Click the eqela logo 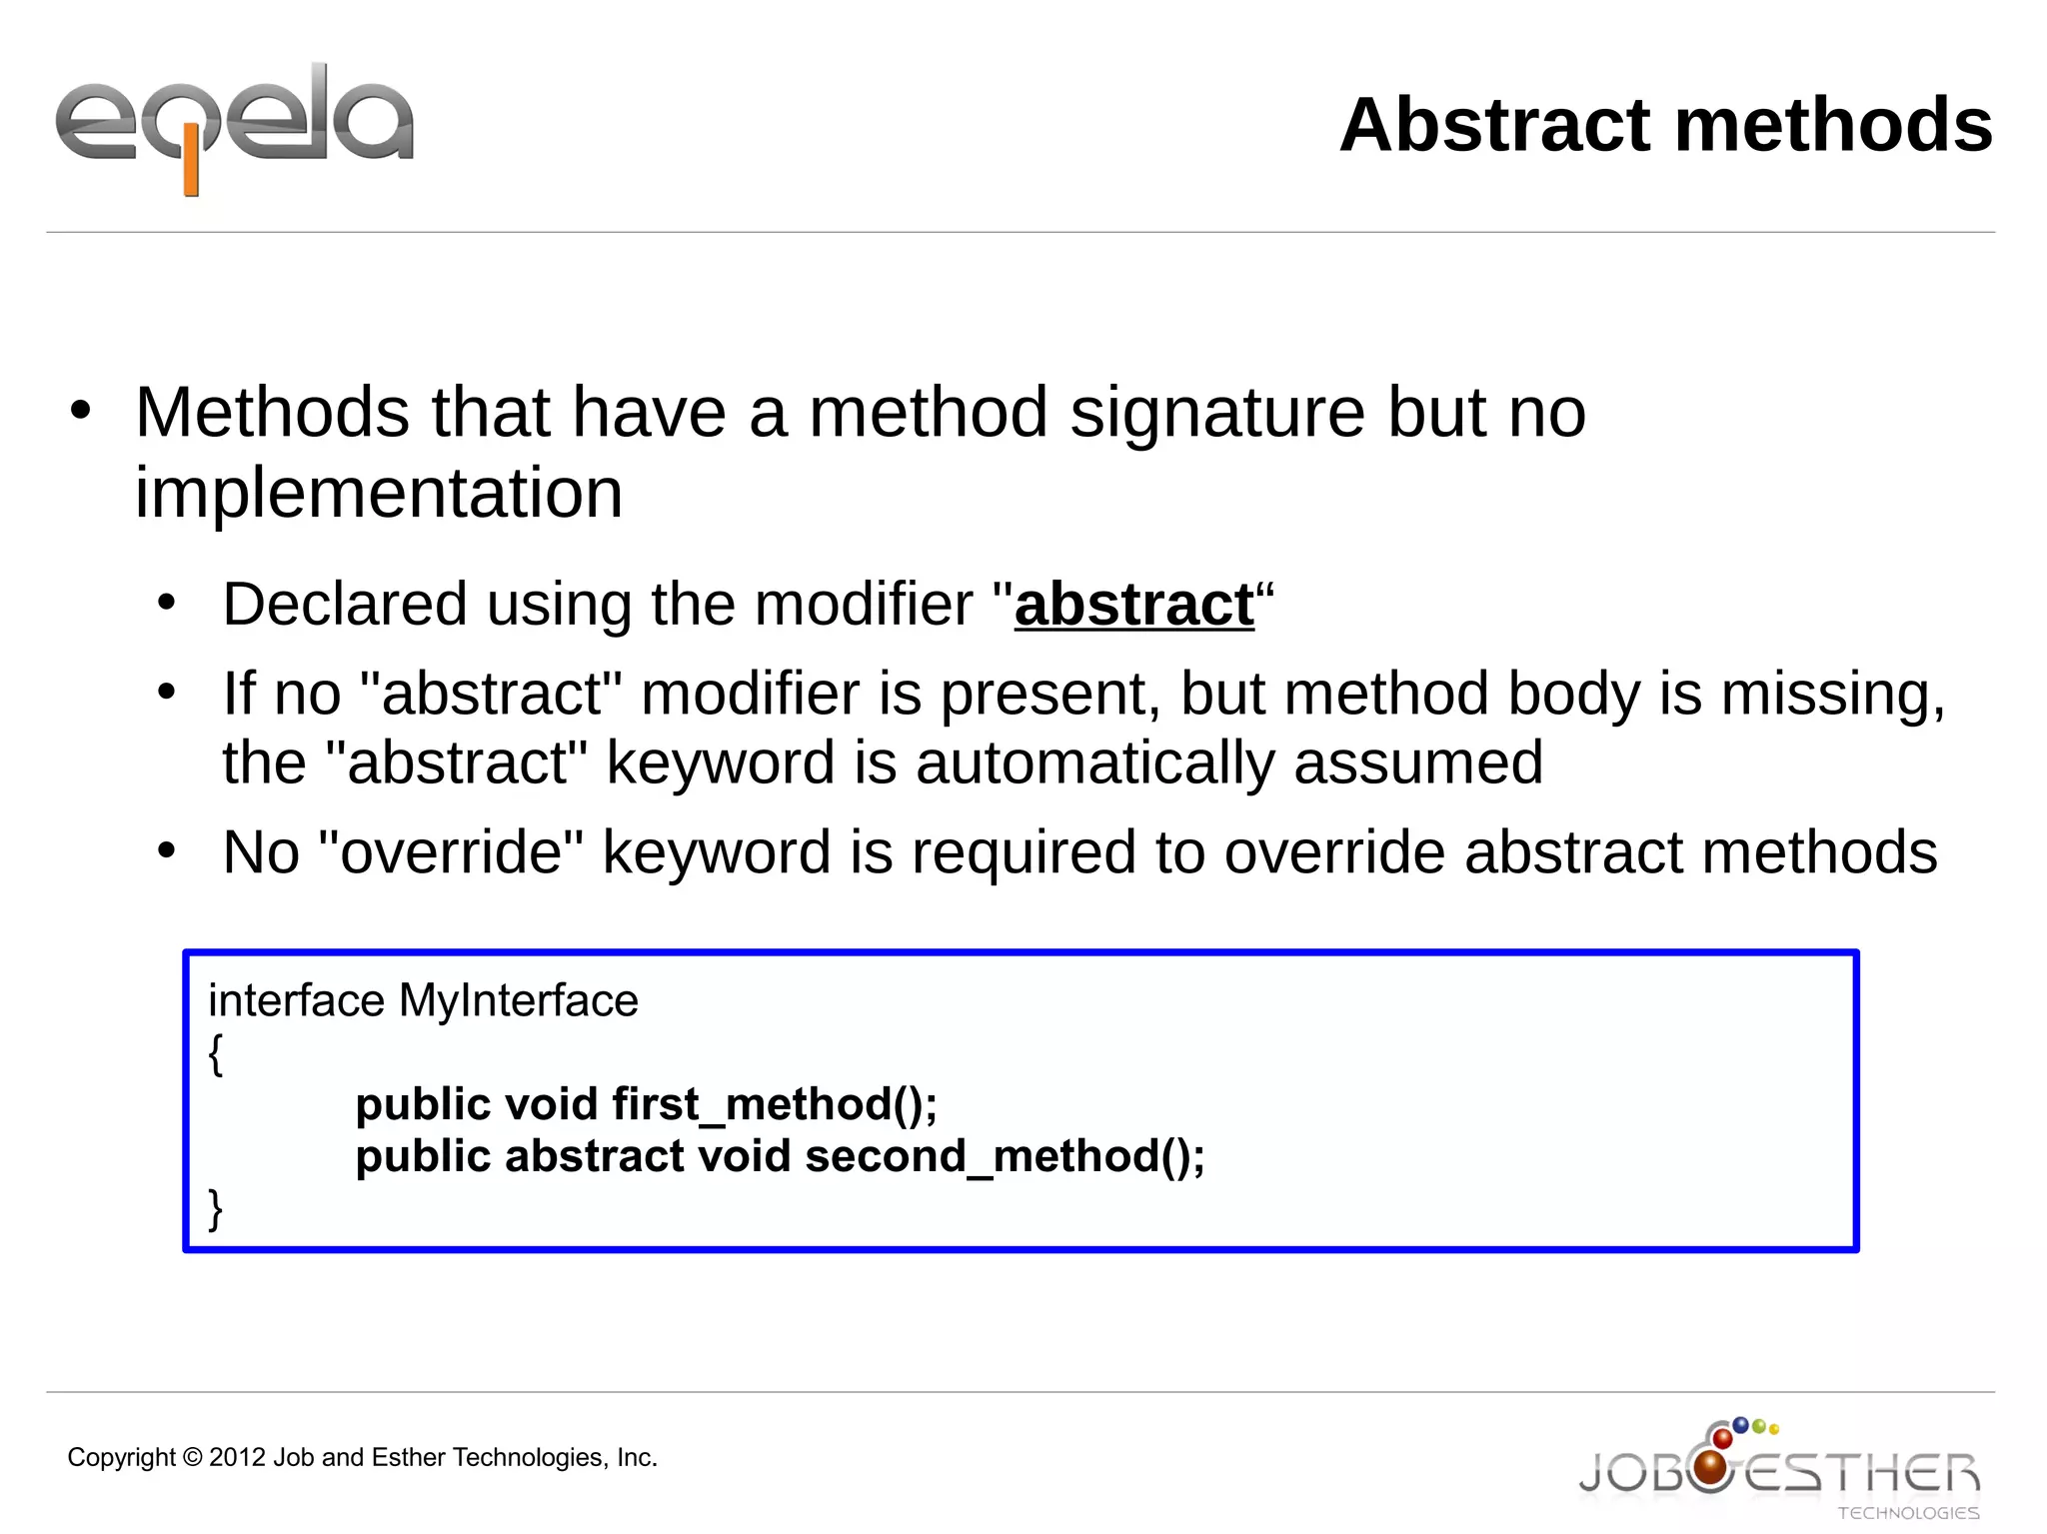tap(235, 125)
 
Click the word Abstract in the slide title tap(1494, 125)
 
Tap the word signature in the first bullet tap(1216, 413)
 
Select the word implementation tap(379, 493)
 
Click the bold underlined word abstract tap(1133, 605)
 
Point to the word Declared tap(344, 605)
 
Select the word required tap(1023, 852)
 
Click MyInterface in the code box tap(518, 1000)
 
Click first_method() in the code tap(775, 1104)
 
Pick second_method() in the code tap(1005, 1156)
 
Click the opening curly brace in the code tap(215, 1053)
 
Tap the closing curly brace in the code tap(215, 1208)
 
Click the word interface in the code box tap(296, 1000)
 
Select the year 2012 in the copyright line tap(238, 1458)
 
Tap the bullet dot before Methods tap(81, 411)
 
